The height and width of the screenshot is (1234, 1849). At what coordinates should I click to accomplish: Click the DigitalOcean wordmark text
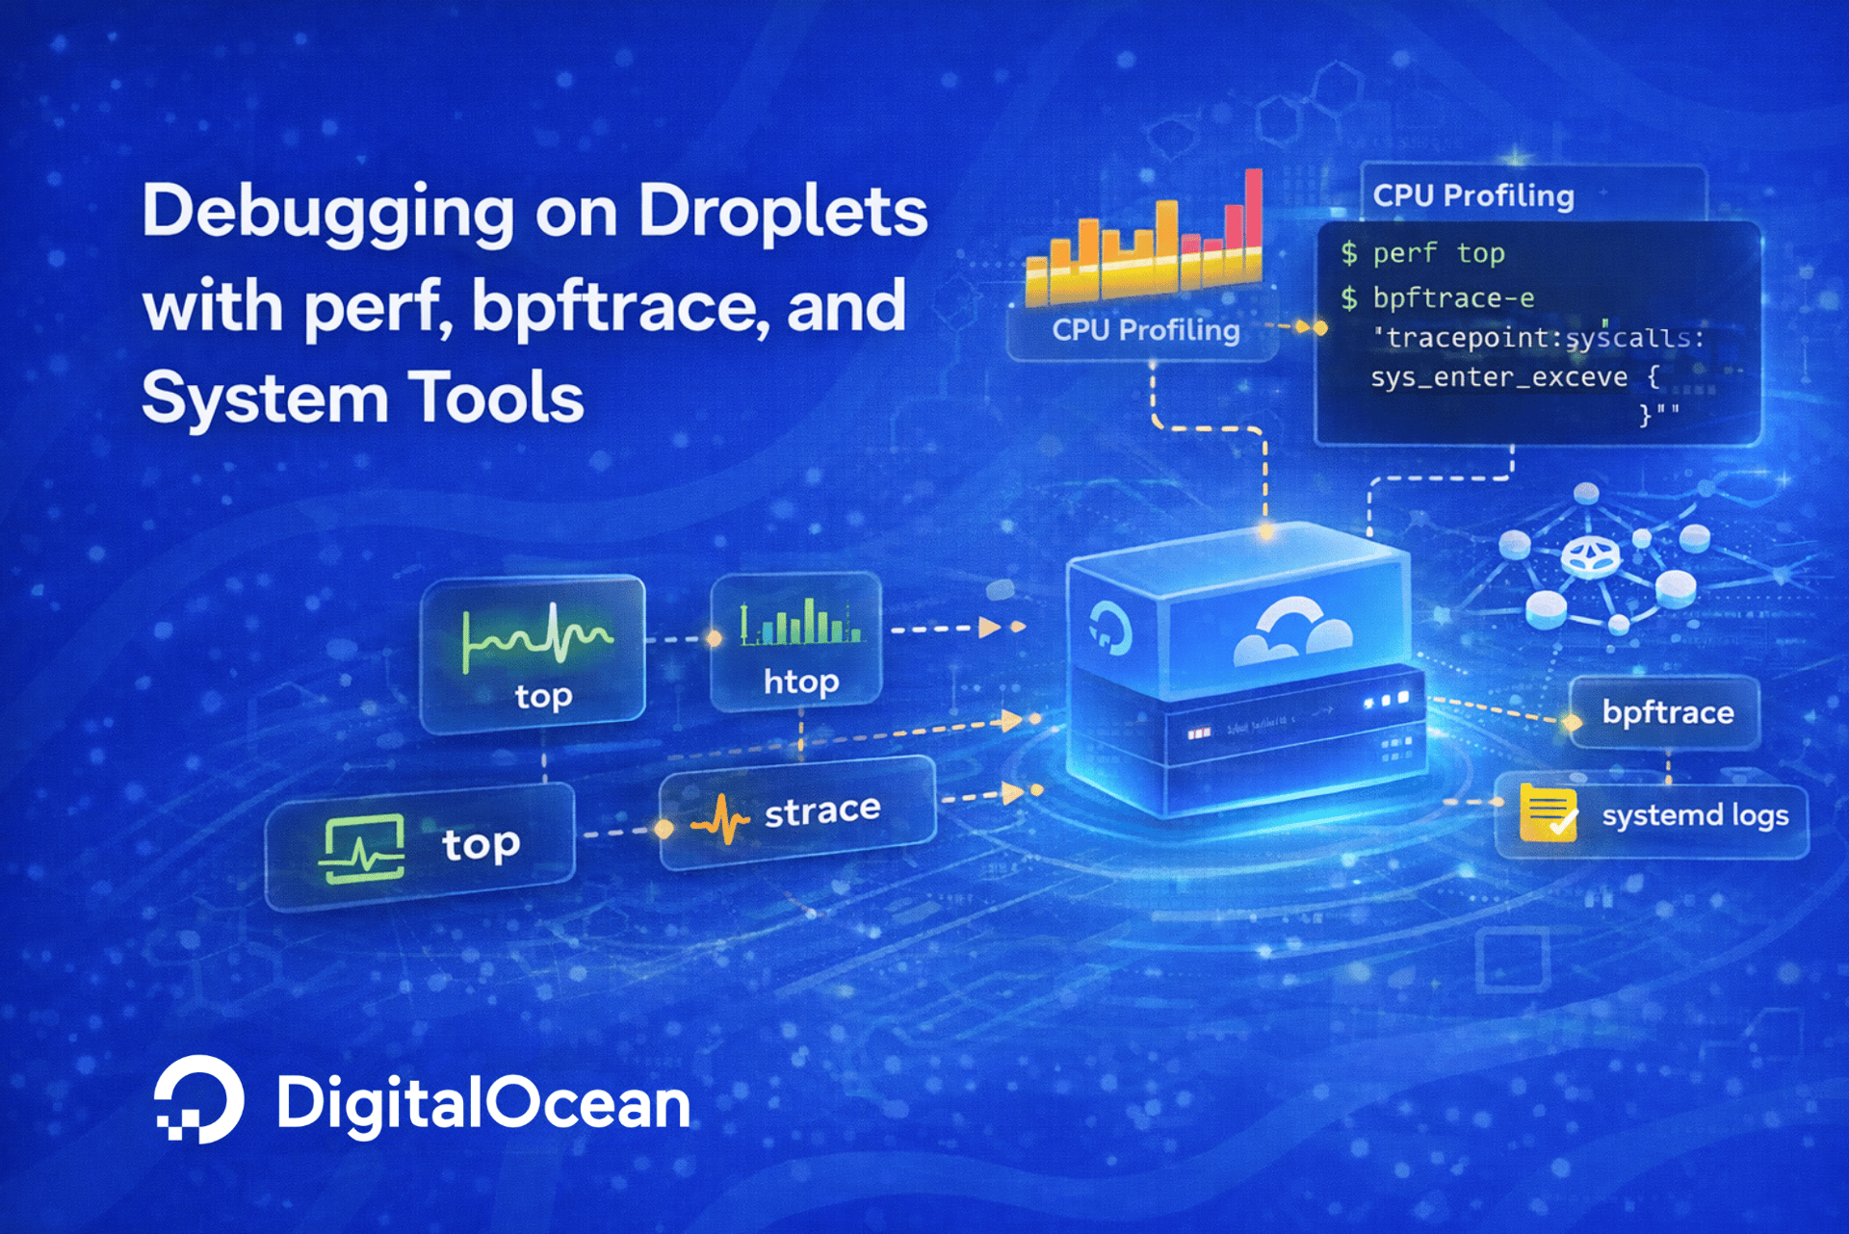(x=482, y=1102)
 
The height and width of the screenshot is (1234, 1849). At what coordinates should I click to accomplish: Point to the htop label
(x=800, y=681)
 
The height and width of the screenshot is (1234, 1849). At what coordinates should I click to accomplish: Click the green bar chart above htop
(x=799, y=623)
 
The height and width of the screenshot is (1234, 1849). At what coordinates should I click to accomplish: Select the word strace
(x=821, y=810)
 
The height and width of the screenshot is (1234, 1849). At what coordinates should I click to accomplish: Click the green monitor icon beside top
(x=362, y=848)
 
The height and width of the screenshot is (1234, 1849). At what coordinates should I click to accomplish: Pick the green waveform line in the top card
(x=536, y=636)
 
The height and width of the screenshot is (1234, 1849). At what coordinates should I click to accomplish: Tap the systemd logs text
(x=1695, y=815)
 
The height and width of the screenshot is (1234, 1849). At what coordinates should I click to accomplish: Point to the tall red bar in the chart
(x=1253, y=217)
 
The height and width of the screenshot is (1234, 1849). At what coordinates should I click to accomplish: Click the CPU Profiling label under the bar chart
(x=1145, y=330)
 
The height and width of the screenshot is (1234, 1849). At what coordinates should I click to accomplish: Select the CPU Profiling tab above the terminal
(x=1473, y=195)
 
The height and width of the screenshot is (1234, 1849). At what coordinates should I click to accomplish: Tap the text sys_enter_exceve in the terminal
(x=1498, y=376)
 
